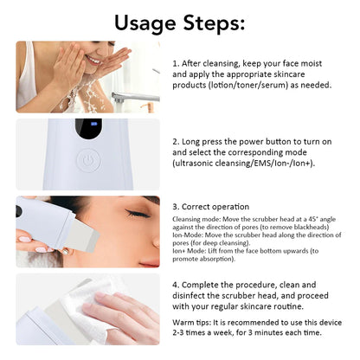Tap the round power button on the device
point(87,160)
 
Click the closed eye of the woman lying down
point(136,213)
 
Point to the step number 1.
point(176,64)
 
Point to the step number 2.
point(176,139)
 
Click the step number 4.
point(176,285)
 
